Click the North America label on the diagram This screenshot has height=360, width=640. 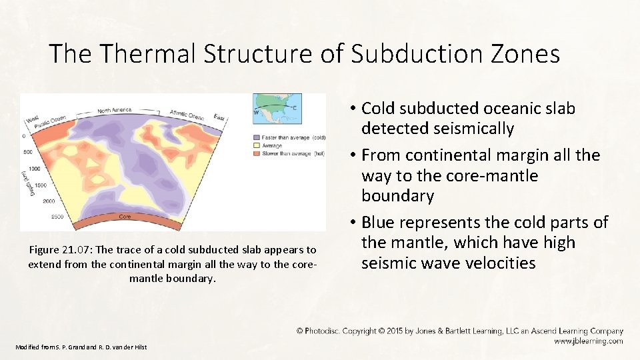pyautogui.click(x=114, y=110)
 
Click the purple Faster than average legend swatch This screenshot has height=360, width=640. pyautogui.click(x=256, y=137)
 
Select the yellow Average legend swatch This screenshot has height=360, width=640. pyautogui.click(x=256, y=145)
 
